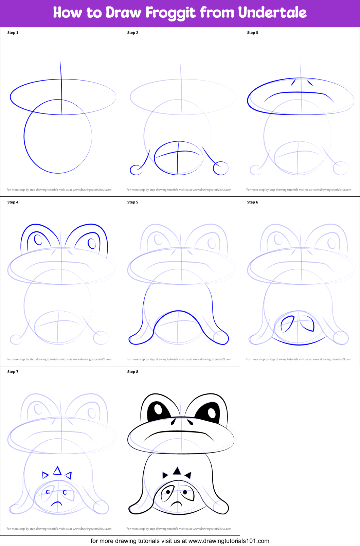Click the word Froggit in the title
coord(170,13)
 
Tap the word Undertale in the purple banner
coord(272,12)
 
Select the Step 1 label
coord(13,33)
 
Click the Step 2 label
coord(132,33)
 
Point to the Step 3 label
coord(252,33)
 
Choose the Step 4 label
coord(13,202)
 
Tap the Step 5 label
coord(132,202)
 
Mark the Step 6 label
coord(252,202)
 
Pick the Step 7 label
coord(13,372)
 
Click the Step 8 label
coord(132,372)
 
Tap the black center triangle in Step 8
coord(177,471)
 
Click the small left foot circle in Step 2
coord(136,170)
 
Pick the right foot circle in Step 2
coord(221,168)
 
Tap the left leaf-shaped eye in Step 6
coord(287,324)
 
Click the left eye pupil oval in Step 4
coord(38,239)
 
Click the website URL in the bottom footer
coord(229,541)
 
